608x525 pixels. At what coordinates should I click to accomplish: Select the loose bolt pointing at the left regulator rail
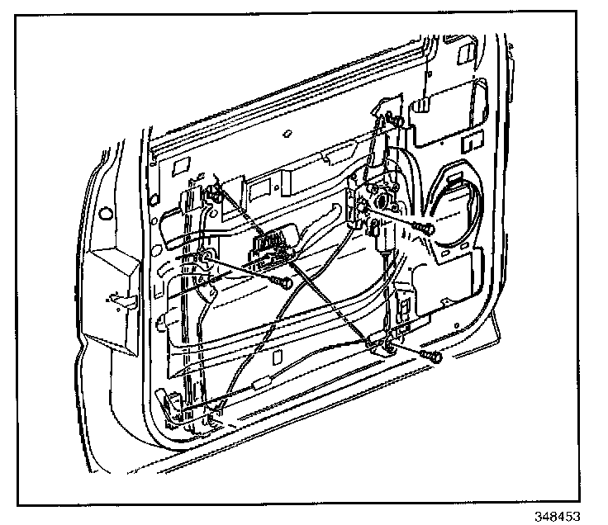(283, 283)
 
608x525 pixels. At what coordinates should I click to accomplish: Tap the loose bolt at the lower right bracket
(431, 356)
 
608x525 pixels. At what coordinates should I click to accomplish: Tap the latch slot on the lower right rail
(405, 307)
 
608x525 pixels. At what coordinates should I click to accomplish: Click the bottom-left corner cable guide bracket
(173, 409)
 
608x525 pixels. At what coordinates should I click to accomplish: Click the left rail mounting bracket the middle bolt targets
(202, 262)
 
